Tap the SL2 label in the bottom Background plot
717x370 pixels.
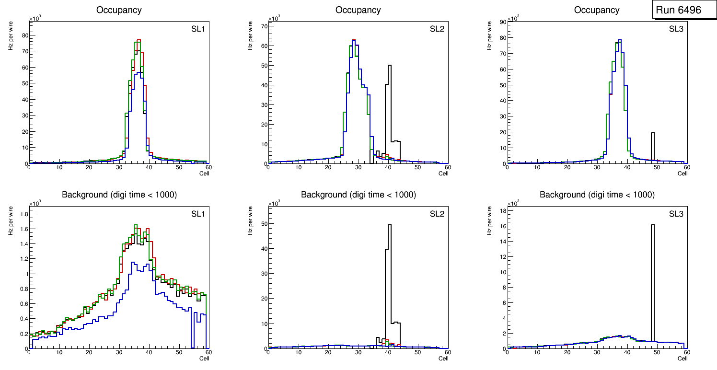click(437, 214)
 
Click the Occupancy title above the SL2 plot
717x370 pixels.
click(358, 10)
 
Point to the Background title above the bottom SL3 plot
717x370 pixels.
click(597, 195)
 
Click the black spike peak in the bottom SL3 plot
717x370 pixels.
click(653, 225)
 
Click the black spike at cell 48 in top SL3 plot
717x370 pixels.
click(653, 133)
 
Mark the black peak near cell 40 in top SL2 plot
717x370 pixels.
click(390, 66)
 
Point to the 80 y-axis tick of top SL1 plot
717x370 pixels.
click(24, 35)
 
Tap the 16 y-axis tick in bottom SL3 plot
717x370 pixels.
click(502, 226)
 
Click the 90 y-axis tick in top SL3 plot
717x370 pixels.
click(502, 21)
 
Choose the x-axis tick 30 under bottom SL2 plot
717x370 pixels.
click(358, 353)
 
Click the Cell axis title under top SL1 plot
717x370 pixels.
click(204, 173)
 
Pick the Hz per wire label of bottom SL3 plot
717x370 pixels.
click(489, 220)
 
